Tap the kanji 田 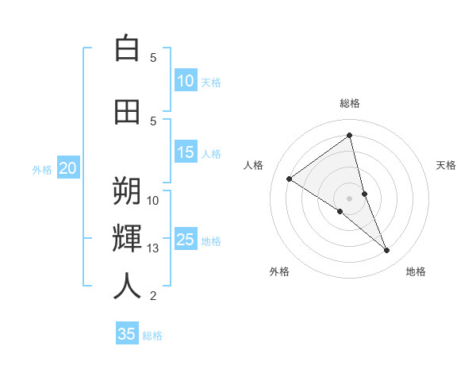(x=127, y=112)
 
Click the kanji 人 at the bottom (x=127, y=286)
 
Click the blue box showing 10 (x=186, y=81)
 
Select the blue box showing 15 (x=186, y=152)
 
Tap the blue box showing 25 (x=186, y=240)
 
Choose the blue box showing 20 (x=68, y=168)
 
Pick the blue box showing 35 (x=127, y=334)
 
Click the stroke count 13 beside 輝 (x=153, y=248)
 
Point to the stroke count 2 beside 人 (x=153, y=296)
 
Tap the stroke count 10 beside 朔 (x=153, y=200)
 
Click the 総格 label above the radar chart (x=350, y=103)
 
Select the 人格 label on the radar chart (x=253, y=165)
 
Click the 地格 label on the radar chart (x=416, y=271)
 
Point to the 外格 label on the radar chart (x=279, y=271)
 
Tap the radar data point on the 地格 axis (x=387, y=251)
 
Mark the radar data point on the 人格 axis (x=289, y=179)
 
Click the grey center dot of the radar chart (x=350, y=198)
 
